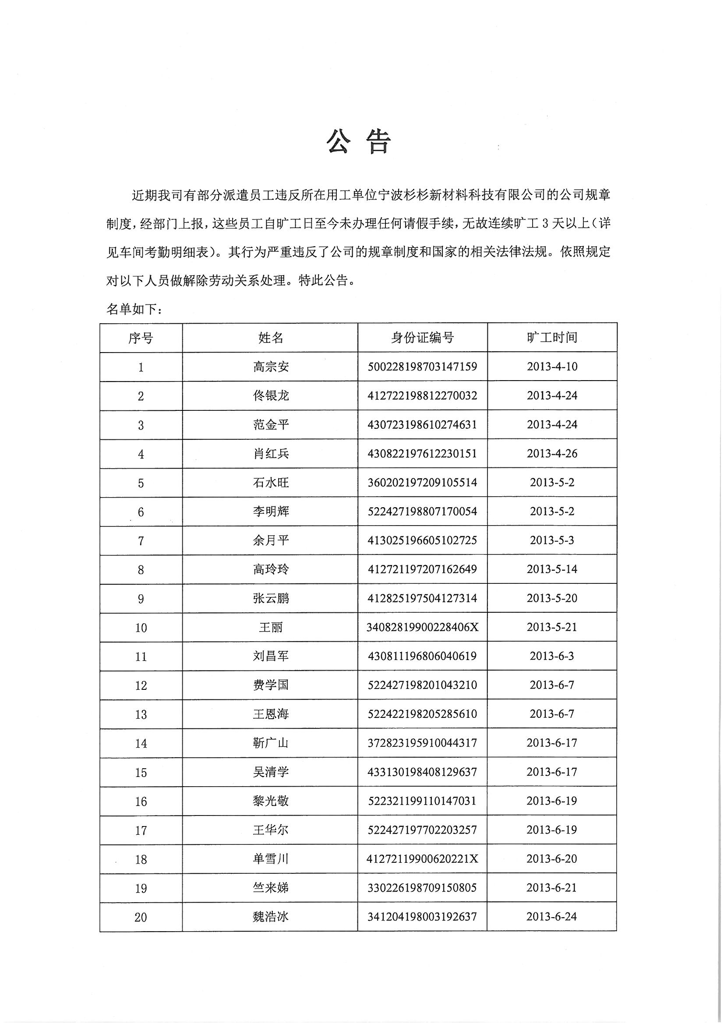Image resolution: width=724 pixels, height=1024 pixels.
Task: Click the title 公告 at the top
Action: pos(359,142)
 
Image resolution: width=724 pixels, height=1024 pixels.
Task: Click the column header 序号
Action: pos(141,338)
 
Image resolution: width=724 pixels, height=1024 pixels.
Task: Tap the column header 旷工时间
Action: pos(552,337)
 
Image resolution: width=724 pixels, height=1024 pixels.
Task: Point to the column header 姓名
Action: pos(270,338)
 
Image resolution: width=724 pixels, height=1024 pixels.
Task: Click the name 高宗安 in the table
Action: pos(271,367)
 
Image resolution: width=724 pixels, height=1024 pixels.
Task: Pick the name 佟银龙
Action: pos(271,395)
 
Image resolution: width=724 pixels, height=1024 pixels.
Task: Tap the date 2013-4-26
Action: pos(552,454)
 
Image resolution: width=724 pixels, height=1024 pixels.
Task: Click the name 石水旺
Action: pos(271,483)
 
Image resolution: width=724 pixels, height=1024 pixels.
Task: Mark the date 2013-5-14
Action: pos(552,569)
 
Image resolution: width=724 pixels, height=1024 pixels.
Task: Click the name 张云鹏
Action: pos(271,598)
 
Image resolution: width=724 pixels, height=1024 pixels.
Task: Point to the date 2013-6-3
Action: pos(552,656)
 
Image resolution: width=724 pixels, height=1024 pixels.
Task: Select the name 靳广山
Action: pos(271,743)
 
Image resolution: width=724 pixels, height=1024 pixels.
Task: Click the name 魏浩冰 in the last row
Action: pos(271,917)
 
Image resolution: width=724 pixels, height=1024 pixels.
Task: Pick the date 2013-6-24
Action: pos(552,917)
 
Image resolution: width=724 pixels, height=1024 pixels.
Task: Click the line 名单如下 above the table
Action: pos(134,309)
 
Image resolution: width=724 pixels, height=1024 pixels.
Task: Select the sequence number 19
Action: pos(141,888)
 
